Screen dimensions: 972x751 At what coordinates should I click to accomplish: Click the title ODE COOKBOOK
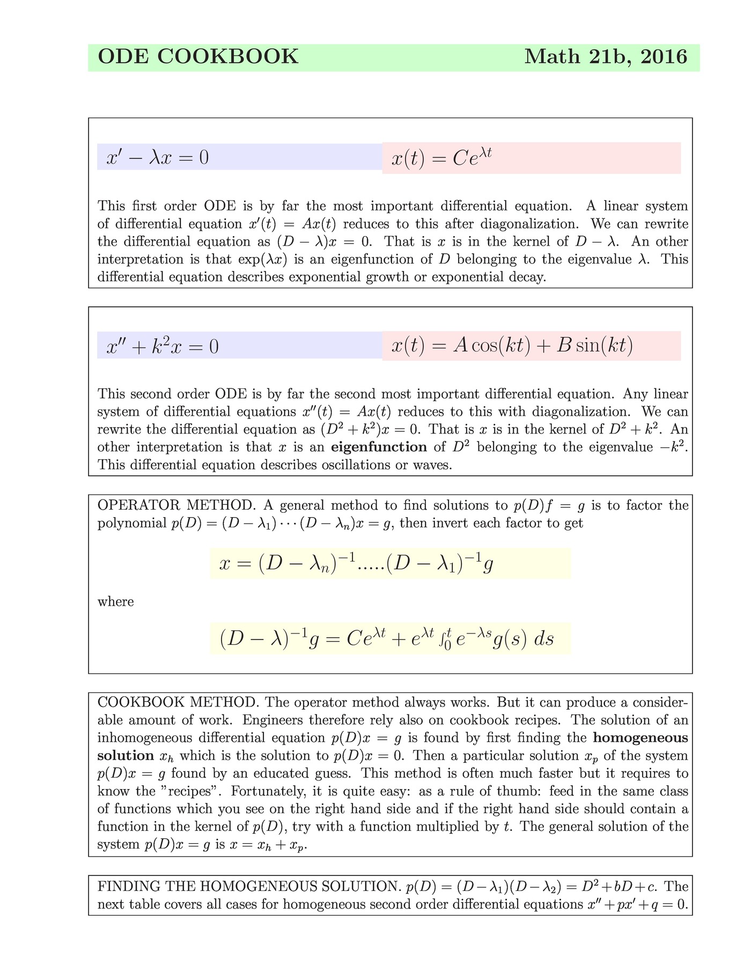coord(198,57)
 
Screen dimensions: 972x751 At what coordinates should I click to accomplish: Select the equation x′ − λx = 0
coord(157,158)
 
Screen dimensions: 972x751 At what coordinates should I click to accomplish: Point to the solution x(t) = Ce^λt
coord(441,158)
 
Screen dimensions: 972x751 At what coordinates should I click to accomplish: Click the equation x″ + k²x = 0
coord(163,347)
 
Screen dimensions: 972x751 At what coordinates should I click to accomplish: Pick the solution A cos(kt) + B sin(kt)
coord(512,346)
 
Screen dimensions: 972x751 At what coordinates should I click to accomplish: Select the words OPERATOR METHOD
coord(175,505)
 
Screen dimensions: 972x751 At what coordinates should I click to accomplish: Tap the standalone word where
coord(115,602)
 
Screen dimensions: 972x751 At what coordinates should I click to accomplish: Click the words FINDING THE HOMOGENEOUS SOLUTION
coord(247,887)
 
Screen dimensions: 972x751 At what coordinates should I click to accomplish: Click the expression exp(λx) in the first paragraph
coord(262,260)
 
